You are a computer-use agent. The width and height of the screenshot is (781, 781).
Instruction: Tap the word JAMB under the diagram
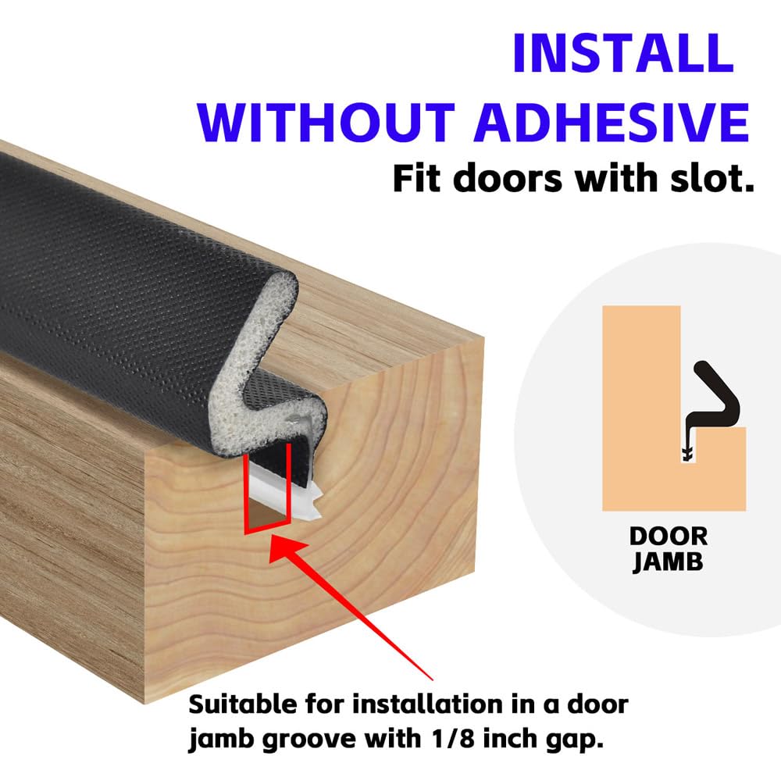668,562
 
